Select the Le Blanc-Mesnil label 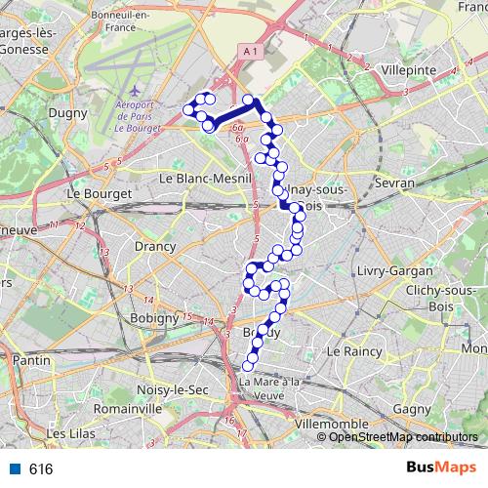204,179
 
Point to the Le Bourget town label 99,193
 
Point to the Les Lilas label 69,433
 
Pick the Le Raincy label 346,349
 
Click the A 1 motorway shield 249,51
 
